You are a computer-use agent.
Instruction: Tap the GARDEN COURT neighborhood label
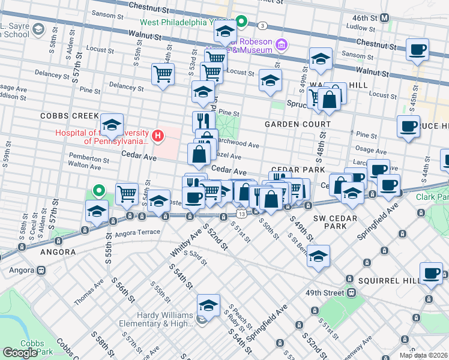point(298,124)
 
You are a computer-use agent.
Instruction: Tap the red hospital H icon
point(158,136)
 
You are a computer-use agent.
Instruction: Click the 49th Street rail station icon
point(352,293)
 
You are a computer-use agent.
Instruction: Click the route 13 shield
point(241,214)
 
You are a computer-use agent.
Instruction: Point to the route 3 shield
point(262,25)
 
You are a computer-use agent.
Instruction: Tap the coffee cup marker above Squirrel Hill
point(431,273)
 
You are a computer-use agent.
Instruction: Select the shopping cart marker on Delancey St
point(163,74)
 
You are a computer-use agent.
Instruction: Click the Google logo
point(20,352)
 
